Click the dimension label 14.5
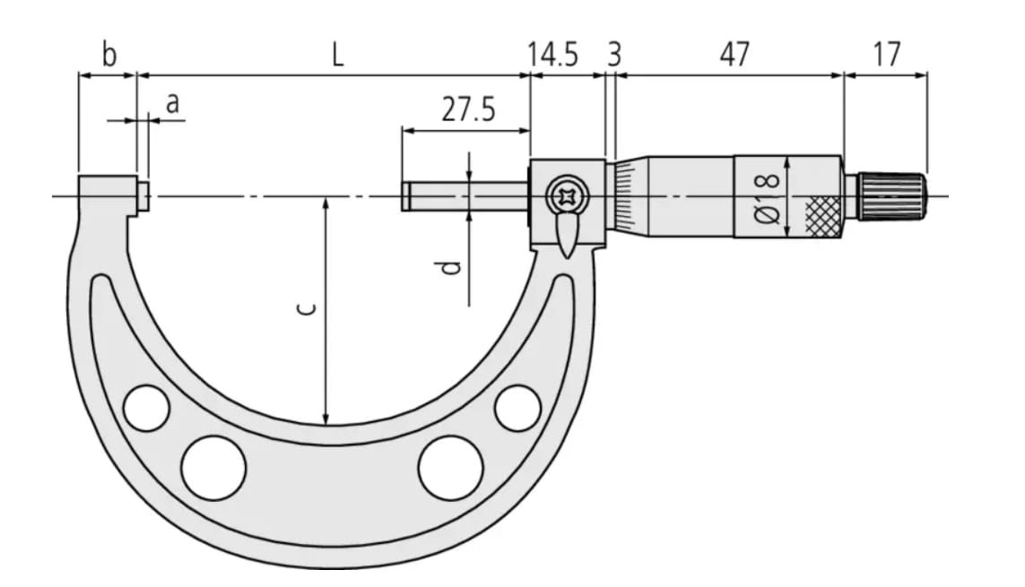[552, 56]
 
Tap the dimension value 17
[886, 56]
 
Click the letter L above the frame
[335, 56]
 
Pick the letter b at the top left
[109, 56]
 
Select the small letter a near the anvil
[173, 104]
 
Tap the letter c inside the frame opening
[305, 309]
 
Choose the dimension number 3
[613, 56]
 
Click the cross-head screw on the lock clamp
[567, 194]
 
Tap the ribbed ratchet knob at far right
[891, 196]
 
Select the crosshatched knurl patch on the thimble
[823, 216]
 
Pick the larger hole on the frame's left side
[213, 468]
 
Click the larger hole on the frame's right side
[450, 468]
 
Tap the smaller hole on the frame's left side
[147, 408]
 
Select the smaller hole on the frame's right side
[518, 408]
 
